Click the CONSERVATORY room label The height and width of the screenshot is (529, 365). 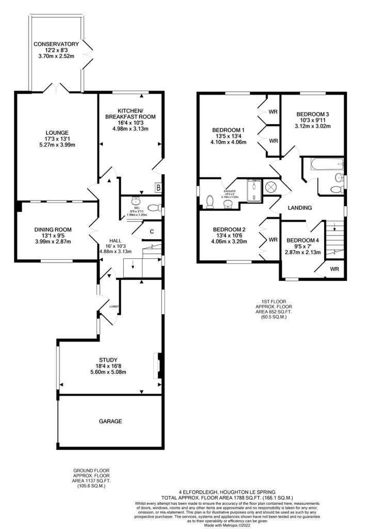[56, 44]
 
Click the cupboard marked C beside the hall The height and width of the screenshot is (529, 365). [152, 231]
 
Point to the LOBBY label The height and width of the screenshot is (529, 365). [114, 306]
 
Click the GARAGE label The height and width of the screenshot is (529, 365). [110, 421]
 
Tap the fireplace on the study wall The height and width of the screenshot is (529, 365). [158, 366]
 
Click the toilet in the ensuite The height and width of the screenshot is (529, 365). [210, 201]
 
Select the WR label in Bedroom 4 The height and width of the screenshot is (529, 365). [335, 269]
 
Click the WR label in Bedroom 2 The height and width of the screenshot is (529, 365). [273, 239]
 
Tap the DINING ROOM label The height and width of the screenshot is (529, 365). [53, 229]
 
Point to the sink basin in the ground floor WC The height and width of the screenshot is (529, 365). [136, 201]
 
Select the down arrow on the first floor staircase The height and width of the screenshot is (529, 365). [334, 227]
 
